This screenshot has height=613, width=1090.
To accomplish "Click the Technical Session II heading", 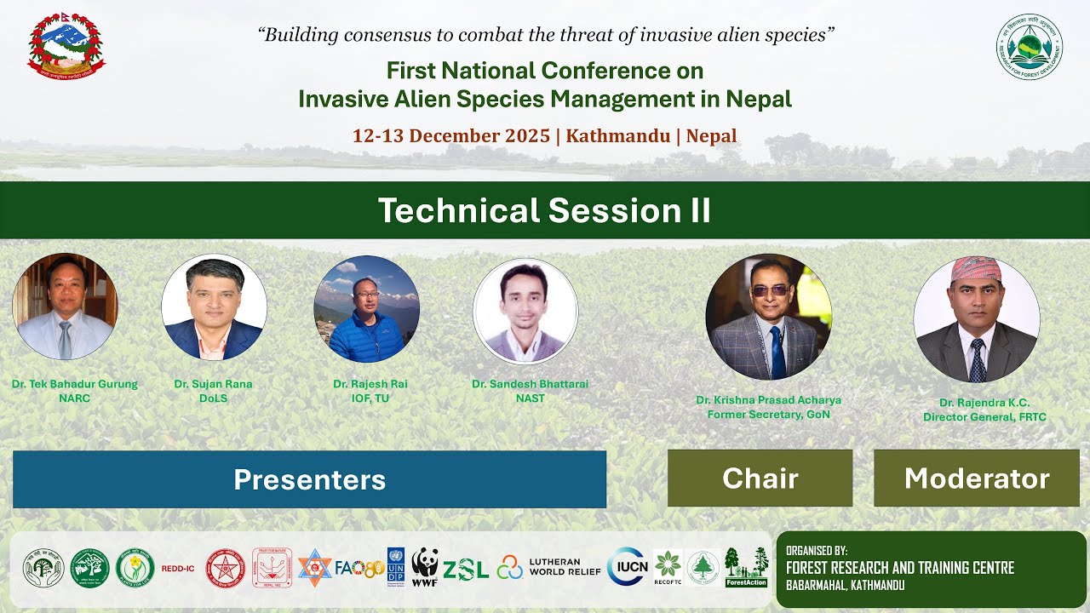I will click(544, 210).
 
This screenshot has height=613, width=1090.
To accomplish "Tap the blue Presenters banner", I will click(309, 479).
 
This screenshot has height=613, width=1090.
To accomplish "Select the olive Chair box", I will click(760, 478).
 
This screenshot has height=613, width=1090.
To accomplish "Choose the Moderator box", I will click(976, 478).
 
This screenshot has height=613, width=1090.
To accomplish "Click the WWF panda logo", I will click(425, 566).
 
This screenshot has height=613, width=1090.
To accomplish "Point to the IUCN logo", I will click(626, 567).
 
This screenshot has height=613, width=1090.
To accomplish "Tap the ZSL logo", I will click(465, 569).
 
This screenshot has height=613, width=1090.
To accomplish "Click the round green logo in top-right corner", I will click(1030, 46).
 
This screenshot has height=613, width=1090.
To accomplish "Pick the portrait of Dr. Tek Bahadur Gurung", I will click(65, 306).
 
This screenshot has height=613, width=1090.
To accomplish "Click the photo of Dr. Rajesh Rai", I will click(367, 309).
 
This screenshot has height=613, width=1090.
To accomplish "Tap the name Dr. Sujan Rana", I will click(213, 384).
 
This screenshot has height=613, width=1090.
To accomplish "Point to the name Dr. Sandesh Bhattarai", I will click(530, 384).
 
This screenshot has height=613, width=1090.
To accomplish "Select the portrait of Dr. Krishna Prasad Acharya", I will click(768, 317).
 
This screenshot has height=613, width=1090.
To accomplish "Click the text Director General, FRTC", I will click(984, 417).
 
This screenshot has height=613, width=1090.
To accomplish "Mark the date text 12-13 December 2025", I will click(450, 136).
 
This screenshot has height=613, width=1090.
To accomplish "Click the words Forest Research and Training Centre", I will click(899, 568).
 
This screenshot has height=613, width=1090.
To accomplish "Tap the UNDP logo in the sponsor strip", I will click(396, 566).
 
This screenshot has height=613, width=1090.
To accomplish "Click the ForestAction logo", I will click(746, 568).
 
